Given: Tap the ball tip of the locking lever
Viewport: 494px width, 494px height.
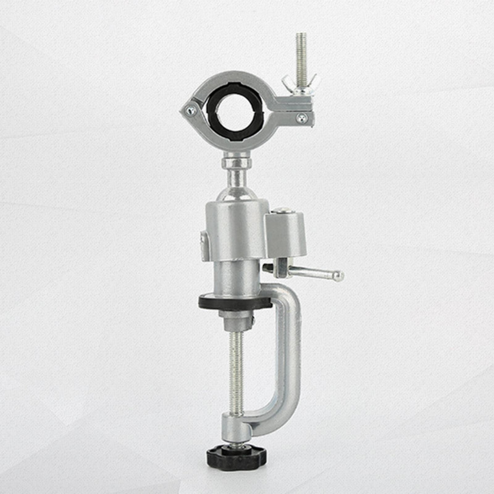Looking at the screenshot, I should click(x=339, y=275).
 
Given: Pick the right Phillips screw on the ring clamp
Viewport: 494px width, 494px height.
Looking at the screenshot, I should click(x=302, y=117).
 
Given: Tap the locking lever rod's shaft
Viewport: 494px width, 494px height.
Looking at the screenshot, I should click(x=312, y=272).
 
